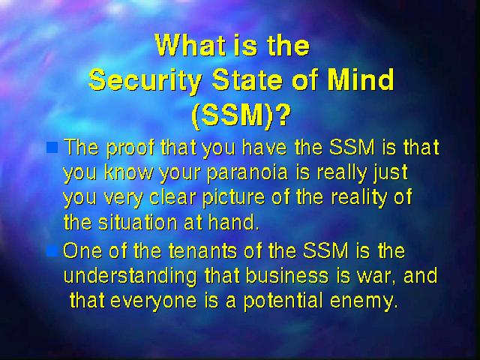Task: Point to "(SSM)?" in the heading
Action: tap(241, 115)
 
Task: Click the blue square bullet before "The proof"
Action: tap(52, 147)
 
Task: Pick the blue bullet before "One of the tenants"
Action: tap(52, 252)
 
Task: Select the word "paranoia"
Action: tap(247, 172)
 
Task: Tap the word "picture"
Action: tap(233, 198)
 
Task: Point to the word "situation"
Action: tap(138, 222)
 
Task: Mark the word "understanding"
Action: tap(130, 277)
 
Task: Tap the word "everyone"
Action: tap(153, 301)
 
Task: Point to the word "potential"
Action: tap(283, 301)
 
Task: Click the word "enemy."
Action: tap(364, 301)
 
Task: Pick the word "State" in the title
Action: tap(247, 79)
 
